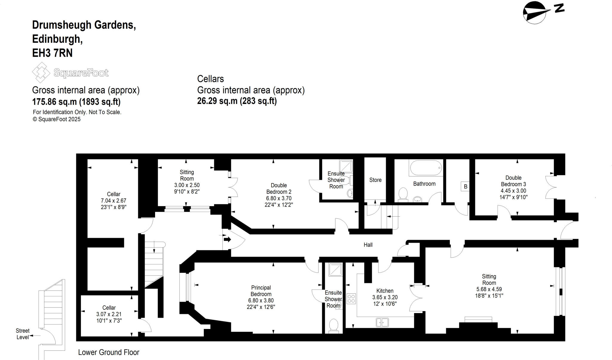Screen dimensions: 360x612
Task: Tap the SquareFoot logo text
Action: pyautogui.click(x=81, y=73)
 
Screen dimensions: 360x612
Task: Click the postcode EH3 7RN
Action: pyautogui.click(x=52, y=53)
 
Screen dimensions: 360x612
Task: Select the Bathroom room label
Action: pyautogui.click(x=424, y=184)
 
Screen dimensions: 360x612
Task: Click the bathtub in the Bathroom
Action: pyautogui.click(x=426, y=168)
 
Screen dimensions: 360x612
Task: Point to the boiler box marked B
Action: pyautogui.click(x=465, y=187)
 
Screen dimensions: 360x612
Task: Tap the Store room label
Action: pyautogui.click(x=375, y=180)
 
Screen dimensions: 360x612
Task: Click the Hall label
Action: pyautogui.click(x=368, y=245)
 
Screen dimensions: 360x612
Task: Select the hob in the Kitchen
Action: pyautogui.click(x=351, y=299)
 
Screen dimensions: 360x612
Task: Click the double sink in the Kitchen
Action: pyautogui.click(x=382, y=322)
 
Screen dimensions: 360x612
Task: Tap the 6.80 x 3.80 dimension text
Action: pyautogui.click(x=261, y=301)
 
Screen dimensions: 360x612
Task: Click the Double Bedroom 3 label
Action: pyautogui.click(x=513, y=181)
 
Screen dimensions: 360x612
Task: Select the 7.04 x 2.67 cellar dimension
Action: pyautogui.click(x=114, y=200)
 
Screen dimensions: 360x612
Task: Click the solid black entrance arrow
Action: pyautogui.click(x=227, y=239)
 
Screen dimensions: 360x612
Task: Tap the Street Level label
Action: pyautogui.click(x=23, y=334)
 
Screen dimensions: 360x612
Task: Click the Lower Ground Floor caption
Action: pyautogui.click(x=109, y=353)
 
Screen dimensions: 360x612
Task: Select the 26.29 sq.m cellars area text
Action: pyautogui.click(x=237, y=101)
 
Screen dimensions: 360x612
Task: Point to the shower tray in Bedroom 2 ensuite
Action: pyautogui.click(x=346, y=166)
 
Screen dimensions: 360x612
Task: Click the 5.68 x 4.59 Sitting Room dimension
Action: pyautogui.click(x=489, y=289)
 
